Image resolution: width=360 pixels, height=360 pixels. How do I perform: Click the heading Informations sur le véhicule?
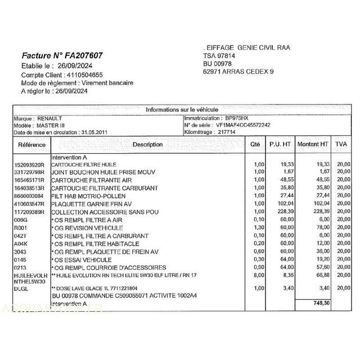coord(182,109)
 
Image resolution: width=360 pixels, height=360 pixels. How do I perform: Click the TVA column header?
coord(341,144)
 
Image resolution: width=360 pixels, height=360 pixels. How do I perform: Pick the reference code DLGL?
coord(21,288)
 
